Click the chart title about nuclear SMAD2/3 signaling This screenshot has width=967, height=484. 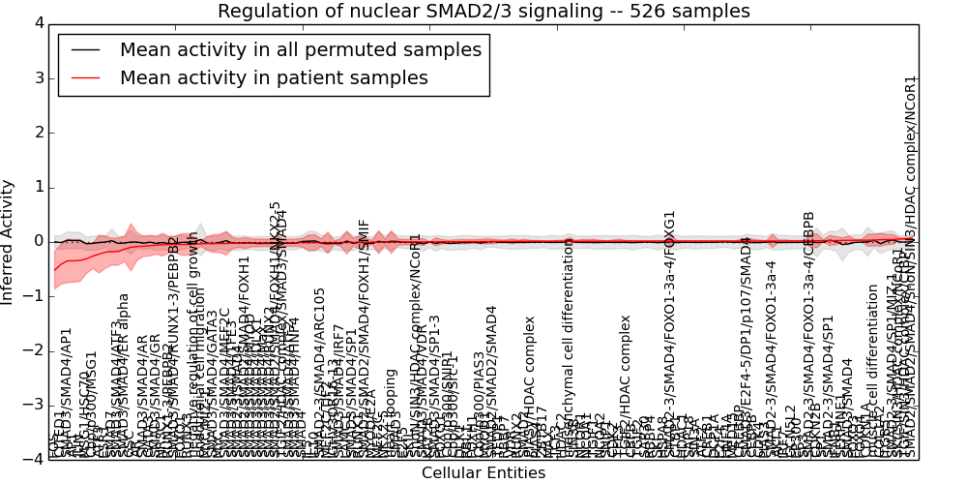point(483,12)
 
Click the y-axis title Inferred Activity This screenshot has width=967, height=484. point(9,241)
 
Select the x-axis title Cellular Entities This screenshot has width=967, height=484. point(483,473)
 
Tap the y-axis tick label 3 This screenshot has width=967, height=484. point(38,77)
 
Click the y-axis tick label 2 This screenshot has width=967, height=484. point(38,132)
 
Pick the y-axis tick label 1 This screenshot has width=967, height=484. point(38,187)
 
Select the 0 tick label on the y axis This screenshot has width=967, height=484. point(38,241)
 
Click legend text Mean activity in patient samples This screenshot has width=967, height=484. point(274,78)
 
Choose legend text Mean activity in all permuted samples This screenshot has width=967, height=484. point(301,50)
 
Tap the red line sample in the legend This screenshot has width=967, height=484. point(85,78)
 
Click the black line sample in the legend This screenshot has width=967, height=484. point(85,50)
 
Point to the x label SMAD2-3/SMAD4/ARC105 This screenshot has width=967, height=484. point(320,373)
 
